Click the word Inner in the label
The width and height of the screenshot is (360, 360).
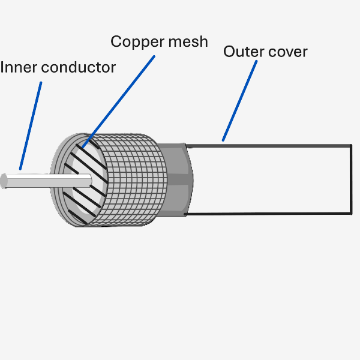19,67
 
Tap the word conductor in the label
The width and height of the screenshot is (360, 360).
77,67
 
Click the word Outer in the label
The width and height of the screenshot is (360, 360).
242,52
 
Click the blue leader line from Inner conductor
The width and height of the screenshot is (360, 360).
31,125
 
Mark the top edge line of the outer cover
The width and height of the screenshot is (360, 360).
270,145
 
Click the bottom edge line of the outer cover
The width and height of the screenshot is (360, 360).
270,214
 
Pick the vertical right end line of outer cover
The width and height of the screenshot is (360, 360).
351,180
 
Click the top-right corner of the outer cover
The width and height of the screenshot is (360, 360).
351,145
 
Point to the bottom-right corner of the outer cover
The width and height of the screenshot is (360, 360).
351,214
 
